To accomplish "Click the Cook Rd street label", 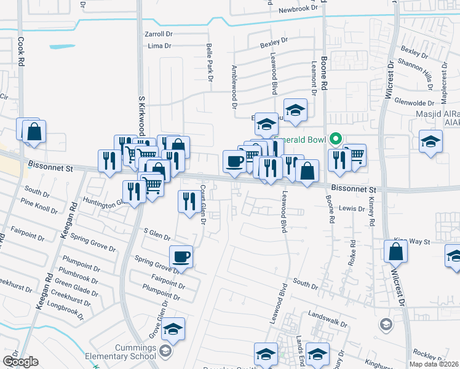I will tap(21, 51).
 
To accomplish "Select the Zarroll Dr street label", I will tap(161, 34).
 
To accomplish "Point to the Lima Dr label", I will tap(159, 46).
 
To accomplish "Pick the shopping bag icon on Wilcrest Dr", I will tap(395, 252).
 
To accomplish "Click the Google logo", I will tap(21, 362).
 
